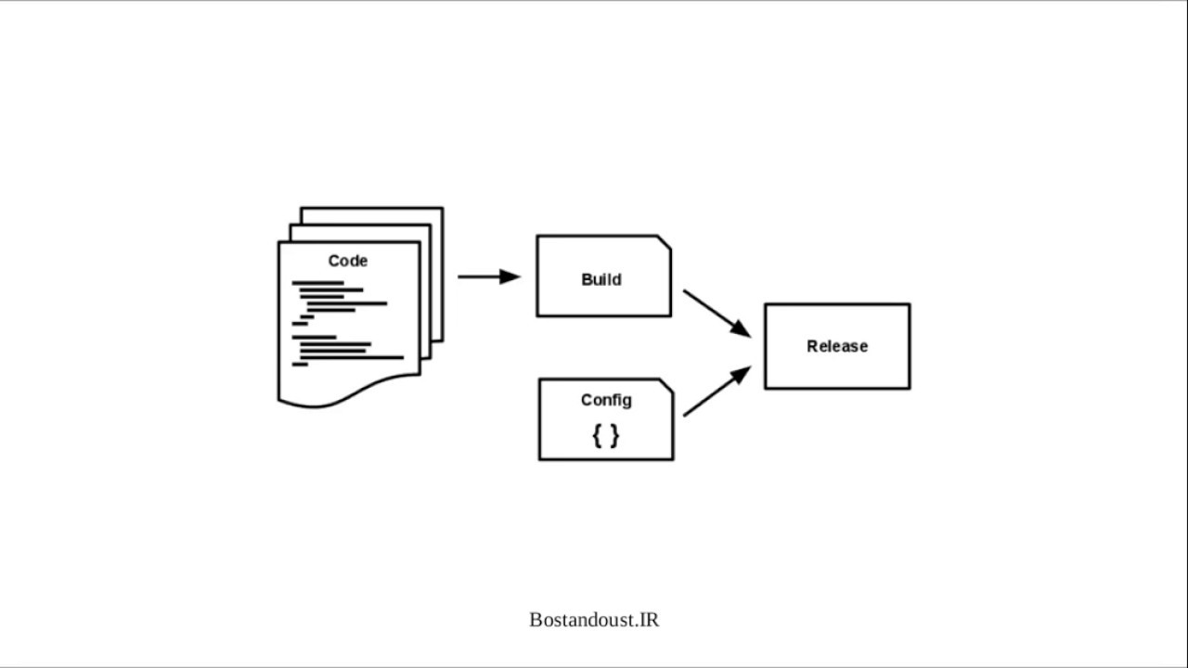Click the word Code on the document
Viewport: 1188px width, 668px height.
click(x=347, y=261)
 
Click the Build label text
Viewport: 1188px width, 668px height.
click(x=600, y=279)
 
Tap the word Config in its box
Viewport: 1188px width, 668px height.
click(x=606, y=400)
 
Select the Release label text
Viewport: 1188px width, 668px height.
click(x=837, y=346)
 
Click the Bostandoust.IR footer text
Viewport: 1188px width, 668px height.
click(x=594, y=620)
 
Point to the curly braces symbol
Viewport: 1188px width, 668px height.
click(x=606, y=436)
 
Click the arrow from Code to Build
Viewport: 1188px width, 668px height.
click(x=489, y=276)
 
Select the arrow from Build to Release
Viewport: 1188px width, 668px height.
click(x=717, y=314)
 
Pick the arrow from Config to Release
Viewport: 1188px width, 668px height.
click(x=717, y=392)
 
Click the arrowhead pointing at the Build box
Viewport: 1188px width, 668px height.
click(x=510, y=276)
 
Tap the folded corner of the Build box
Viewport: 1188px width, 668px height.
click(x=665, y=242)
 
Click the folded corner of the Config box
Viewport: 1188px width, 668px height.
click(x=666, y=386)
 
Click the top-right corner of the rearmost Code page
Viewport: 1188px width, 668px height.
click(x=443, y=208)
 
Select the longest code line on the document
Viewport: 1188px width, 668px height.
click(x=352, y=358)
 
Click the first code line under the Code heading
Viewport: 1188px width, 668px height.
click(x=317, y=283)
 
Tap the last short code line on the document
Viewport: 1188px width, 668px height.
click(x=300, y=365)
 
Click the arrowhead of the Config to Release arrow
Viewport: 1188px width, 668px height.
click(x=741, y=374)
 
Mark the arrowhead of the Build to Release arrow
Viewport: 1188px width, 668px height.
click(x=741, y=329)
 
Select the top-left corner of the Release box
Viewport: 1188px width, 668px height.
click(x=766, y=304)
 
